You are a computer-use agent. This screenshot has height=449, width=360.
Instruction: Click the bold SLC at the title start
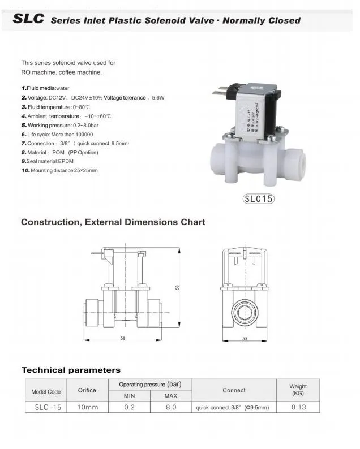click(28, 19)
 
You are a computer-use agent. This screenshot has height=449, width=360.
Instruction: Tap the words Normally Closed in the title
click(262, 21)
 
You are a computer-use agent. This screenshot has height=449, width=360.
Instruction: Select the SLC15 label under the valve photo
click(258, 199)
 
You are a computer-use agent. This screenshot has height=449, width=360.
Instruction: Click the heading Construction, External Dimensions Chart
click(113, 222)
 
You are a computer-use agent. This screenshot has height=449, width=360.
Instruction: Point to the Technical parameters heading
click(71, 370)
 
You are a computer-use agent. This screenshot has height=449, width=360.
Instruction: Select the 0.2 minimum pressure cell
click(129, 407)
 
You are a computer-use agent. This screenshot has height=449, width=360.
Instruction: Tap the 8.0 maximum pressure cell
click(170, 407)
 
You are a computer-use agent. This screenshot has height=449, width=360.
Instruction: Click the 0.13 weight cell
click(298, 407)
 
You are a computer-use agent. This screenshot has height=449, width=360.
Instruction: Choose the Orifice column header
click(87, 390)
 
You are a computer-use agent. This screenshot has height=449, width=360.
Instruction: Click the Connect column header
click(234, 390)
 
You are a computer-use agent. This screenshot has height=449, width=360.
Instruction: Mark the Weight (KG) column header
click(298, 390)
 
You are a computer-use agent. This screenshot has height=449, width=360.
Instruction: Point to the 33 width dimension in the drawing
click(245, 338)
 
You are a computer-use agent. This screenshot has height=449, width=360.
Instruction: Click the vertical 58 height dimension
click(177, 288)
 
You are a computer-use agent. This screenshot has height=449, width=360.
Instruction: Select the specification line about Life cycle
click(57, 135)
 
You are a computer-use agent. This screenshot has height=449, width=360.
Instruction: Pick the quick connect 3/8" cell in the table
click(233, 407)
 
